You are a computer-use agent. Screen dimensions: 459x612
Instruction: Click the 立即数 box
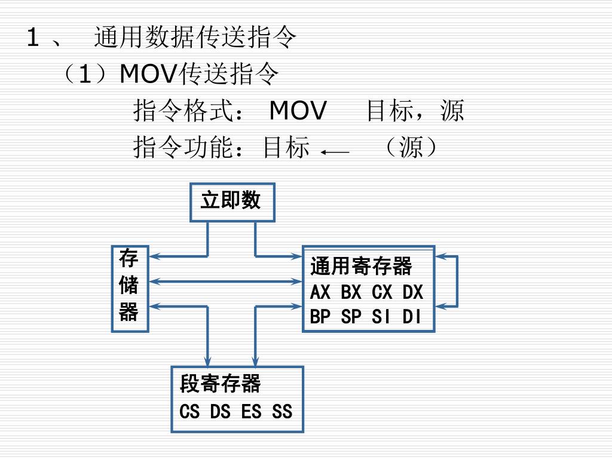tap(232, 201)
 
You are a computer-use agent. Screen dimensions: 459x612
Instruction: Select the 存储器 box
tap(129, 287)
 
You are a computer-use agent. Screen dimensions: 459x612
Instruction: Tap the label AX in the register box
tap(320, 292)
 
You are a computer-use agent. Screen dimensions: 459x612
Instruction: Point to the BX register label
tap(351, 292)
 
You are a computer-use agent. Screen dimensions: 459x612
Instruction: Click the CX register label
tap(382, 292)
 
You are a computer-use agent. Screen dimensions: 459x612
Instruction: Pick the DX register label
tap(412, 292)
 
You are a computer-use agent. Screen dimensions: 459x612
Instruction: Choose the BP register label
tap(320, 316)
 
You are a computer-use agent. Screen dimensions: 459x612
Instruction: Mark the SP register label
tap(351, 316)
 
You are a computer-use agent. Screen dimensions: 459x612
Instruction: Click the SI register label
tap(382, 316)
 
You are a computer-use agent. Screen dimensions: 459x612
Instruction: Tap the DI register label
tap(412, 316)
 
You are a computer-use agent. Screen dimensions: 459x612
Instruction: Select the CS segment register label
tap(189, 411)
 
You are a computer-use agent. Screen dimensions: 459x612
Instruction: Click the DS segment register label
tap(220, 411)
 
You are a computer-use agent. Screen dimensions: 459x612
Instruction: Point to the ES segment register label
tap(251, 411)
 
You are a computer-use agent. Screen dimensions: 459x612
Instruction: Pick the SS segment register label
tap(282, 411)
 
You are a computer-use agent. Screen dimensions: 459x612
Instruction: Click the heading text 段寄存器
tap(220, 384)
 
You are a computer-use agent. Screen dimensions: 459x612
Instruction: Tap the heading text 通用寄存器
tap(361, 266)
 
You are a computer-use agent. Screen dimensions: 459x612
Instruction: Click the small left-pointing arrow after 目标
tap(335, 153)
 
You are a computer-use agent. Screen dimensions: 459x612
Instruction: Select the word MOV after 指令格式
tap(298, 111)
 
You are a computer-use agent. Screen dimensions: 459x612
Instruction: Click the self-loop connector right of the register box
tap(457, 281)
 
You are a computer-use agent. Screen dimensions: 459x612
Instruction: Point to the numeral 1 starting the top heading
tap(33, 39)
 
